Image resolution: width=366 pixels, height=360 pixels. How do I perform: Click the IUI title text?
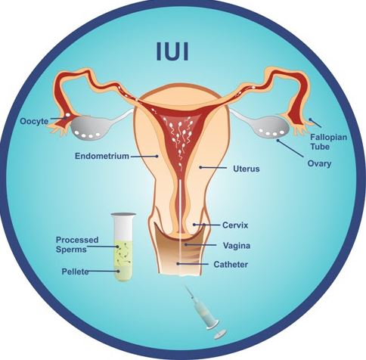click(x=172, y=51)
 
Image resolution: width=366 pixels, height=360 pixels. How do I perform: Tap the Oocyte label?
click(x=34, y=121)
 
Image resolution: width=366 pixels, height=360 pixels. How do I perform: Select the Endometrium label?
click(x=102, y=156)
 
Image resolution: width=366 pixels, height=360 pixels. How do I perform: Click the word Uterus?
click(x=247, y=169)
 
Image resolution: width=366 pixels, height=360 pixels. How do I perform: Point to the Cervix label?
click(x=235, y=225)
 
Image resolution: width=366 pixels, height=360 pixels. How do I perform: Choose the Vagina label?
click(x=237, y=245)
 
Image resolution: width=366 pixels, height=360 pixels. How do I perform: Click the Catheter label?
click(x=231, y=265)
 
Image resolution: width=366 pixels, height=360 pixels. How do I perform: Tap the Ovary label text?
click(x=319, y=164)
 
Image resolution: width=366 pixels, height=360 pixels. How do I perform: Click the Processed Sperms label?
click(x=77, y=244)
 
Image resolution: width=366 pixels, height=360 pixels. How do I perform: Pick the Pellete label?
click(x=75, y=272)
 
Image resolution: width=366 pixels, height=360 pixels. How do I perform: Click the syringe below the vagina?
click(x=202, y=308)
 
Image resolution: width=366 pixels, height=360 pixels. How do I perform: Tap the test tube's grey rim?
click(x=123, y=215)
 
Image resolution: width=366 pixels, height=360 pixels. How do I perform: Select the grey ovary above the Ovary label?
click(x=273, y=128)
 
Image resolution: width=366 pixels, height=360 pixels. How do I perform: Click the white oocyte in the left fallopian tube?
click(x=68, y=116)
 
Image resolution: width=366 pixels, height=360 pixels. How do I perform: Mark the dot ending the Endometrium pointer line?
click(x=157, y=157)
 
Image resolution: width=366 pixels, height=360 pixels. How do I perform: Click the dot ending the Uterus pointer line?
click(x=200, y=167)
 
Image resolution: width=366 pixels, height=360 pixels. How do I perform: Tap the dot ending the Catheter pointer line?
click(x=178, y=264)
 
